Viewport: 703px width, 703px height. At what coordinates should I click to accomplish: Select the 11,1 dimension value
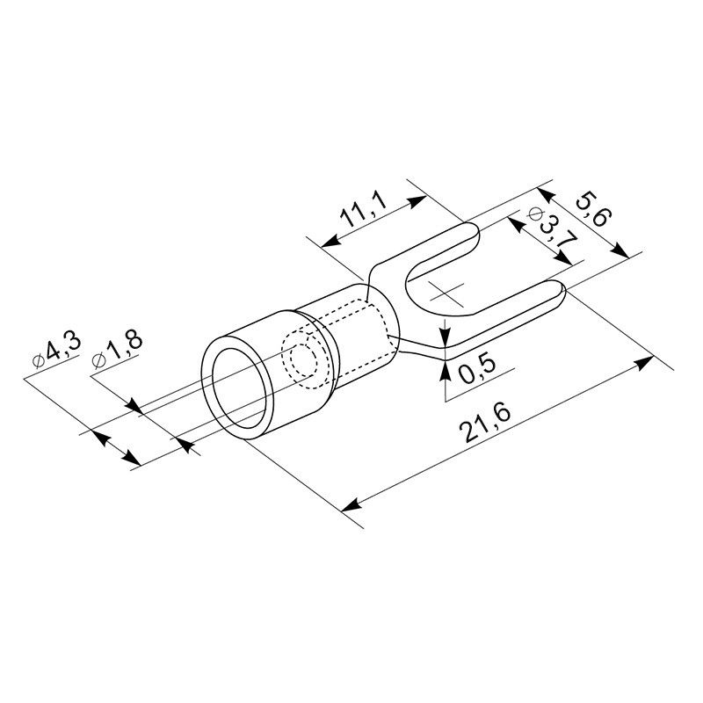point(363,210)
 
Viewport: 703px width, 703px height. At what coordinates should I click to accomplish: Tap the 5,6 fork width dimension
point(593,209)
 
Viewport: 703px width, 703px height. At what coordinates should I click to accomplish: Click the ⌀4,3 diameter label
point(57,351)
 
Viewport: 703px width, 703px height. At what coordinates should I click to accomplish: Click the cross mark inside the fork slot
point(446,294)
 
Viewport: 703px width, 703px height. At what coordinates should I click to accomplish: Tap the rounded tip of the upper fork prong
point(477,233)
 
